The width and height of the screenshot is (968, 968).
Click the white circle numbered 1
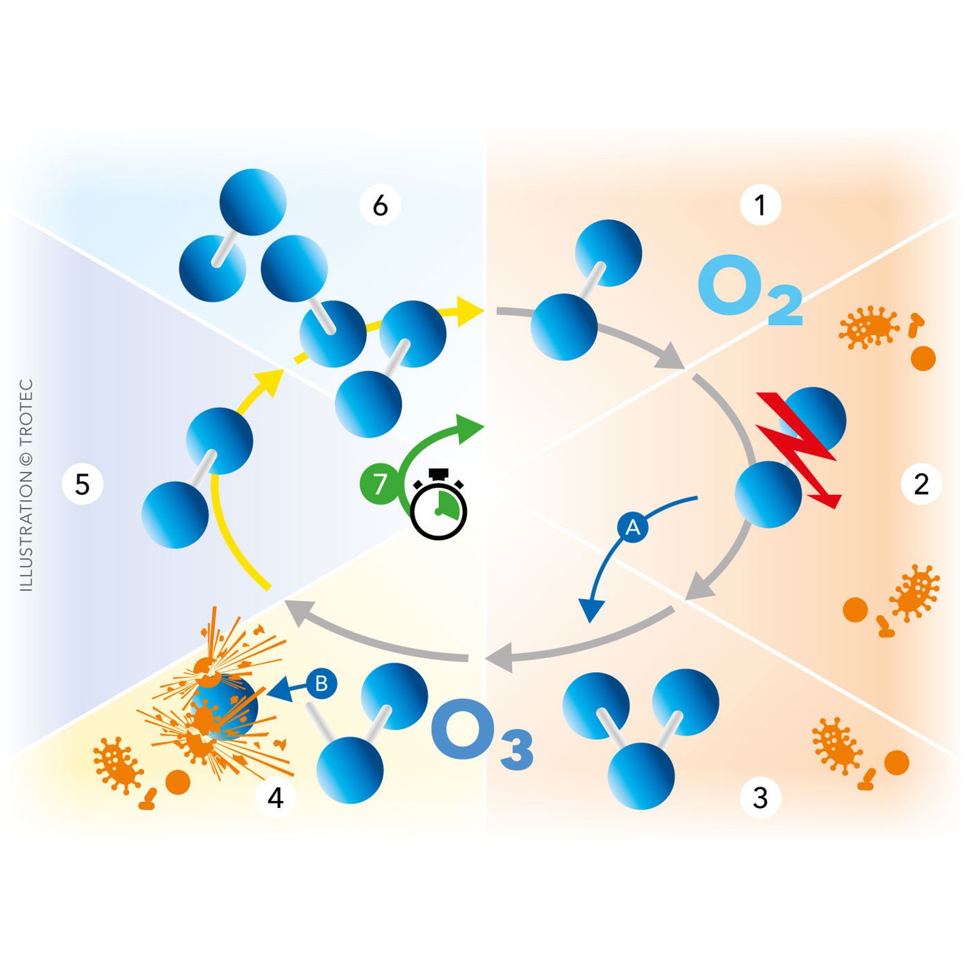(760, 205)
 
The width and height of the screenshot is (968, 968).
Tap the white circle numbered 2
(921, 483)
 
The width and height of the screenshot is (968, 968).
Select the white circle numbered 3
(760, 798)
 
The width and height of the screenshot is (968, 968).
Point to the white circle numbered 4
(276, 798)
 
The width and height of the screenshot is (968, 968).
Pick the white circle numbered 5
(82, 484)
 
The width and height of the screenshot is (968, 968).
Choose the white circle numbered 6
(380, 205)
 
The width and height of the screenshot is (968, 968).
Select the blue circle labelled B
(321, 683)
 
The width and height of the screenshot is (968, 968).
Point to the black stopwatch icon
(439, 506)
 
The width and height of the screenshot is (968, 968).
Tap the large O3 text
(481, 733)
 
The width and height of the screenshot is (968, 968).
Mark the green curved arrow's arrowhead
(469, 428)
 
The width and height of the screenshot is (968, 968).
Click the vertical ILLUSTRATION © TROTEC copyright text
(26, 484)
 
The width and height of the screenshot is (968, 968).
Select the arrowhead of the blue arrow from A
(591, 610)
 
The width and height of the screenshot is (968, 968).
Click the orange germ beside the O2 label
(868, 327)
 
